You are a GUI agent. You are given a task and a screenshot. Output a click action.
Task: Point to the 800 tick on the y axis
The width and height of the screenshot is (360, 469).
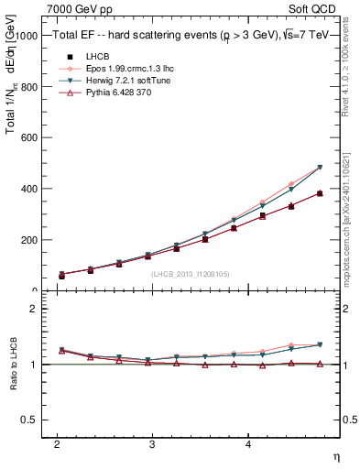tap(29, 87)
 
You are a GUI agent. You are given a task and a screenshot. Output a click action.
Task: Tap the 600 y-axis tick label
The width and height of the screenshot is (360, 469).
tap(29, 138)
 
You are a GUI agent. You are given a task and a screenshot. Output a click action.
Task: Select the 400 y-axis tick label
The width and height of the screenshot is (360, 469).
tap(29, 190)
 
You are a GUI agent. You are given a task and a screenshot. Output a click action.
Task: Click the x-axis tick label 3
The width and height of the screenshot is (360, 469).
tap(152, 443)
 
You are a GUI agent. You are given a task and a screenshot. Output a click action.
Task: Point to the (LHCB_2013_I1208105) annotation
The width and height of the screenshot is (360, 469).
tap(191, 273)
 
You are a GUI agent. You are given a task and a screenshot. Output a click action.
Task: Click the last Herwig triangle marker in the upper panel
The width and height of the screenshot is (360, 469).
tap(320, 168)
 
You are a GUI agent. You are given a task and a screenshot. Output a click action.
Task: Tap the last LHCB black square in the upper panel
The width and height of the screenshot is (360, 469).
tap(320, 193)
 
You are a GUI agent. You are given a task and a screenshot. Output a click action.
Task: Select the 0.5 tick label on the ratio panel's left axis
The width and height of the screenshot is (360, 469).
tap(31, 420)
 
